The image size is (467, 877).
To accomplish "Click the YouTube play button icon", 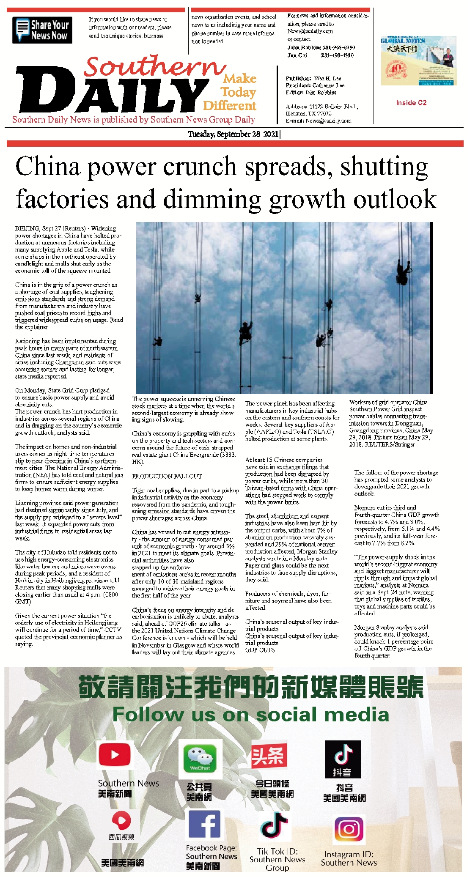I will click(x=114, y=755).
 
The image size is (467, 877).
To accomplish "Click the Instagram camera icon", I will click(x=349, y=829).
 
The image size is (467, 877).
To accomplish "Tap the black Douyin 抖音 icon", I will click(x=343, y=759).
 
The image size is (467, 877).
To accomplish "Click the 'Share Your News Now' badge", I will click(x=42, y=30).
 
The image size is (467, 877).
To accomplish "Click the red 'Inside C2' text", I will click(x=411, y=103).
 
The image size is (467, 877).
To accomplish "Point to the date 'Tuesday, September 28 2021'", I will click(x=233, y=134).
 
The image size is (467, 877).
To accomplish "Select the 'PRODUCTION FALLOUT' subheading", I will click(x=167, y=476).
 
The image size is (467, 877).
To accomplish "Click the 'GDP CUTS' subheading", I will click(x=260, y=650).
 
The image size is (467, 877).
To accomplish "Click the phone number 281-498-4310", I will click(x=337, y=55).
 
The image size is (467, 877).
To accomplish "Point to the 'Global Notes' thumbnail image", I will click(x=418, y=61).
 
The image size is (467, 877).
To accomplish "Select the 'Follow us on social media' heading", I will click(x=250, y=715).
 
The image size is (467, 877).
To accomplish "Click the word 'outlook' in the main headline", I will click(x=395, y=199).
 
